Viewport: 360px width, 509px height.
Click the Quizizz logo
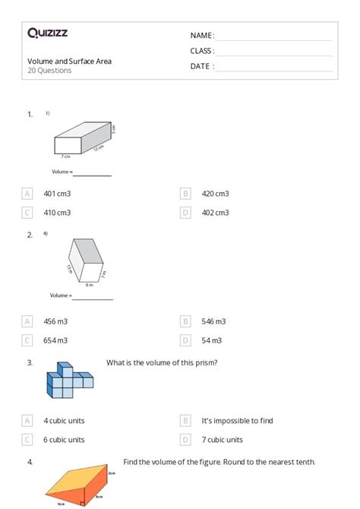click(x=47, y=33)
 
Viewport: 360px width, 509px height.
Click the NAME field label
click(x=202, y=35)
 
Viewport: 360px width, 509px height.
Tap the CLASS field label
click(x=202, y=51)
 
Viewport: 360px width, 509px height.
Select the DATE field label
click(x=202, y=66)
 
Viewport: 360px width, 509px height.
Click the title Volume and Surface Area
click(x=69, y=61)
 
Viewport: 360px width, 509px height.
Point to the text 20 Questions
click(x=49, y=71)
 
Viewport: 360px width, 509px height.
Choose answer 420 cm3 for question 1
click(x=215, y=194)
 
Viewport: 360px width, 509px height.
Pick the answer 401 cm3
click(x=57, y=194)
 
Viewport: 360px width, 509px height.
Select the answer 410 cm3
click(x=57, y=213)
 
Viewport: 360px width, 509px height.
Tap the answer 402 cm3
click(x=215, y=213)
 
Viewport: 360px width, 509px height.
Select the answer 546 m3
click(x=213, y=321)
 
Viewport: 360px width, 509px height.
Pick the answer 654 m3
click(x=55, y=340)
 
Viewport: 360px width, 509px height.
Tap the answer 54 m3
click(x=211, y=340)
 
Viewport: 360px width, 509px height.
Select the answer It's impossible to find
click(x=237, y=420)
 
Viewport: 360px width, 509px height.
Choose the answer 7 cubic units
click(x=222, y=439)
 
